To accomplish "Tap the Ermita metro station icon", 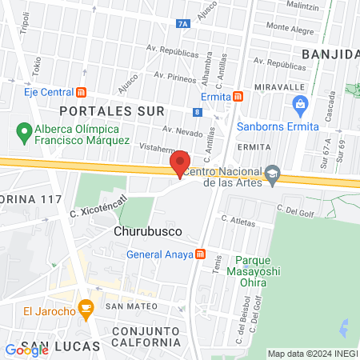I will coord(238,97).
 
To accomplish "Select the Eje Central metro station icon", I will coord(81,93).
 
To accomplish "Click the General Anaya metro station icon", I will coord(200,255).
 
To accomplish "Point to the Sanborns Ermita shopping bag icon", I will coord(300,102).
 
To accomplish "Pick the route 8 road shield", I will coord(197,113).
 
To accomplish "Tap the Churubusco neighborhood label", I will coord(142,231).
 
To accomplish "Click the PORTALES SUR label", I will coord(122,110).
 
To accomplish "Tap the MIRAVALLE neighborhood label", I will coord(279,86).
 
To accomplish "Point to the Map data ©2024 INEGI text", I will coord(312,354).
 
